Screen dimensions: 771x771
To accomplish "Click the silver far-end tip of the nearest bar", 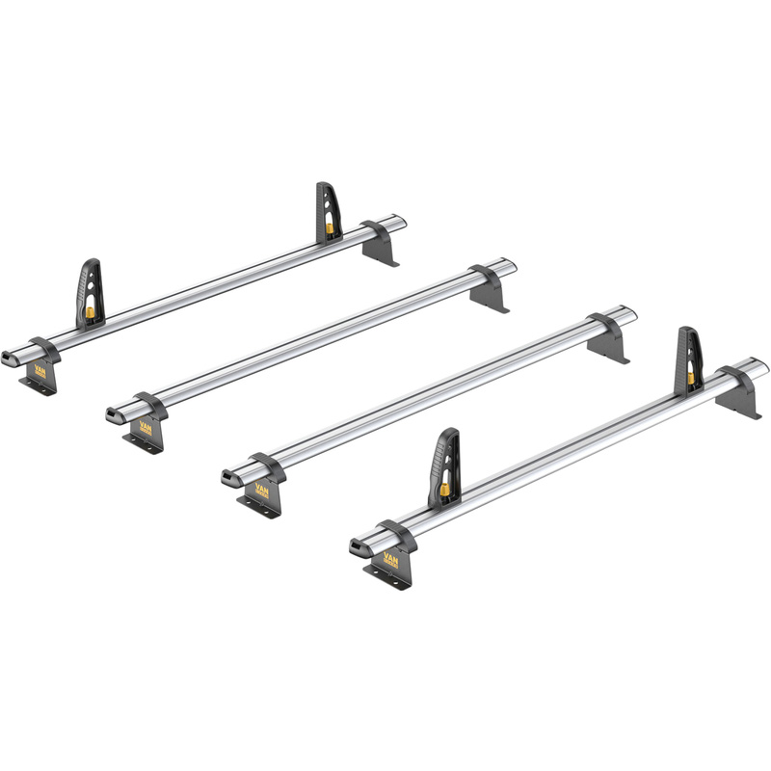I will pyautogui.click(x=761, y=366).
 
